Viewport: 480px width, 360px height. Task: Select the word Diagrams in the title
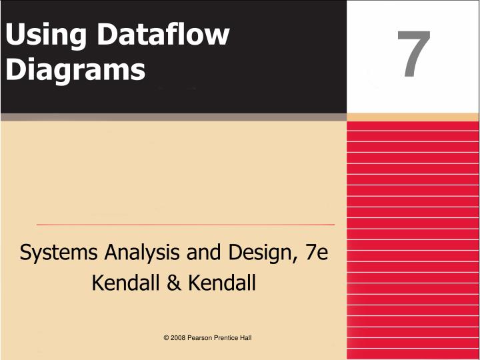(x=74, y=69)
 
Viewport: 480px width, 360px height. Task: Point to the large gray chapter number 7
(x=413, y=56)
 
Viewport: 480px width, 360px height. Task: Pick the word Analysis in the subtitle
(x=136, y=254)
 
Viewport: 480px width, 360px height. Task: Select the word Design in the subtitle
(x=253, y=254)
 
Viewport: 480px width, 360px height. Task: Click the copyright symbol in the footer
(x=166, y=338)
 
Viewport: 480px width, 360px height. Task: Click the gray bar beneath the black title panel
(x=173, y=117)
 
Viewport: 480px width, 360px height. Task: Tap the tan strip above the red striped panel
(x=413, y=117)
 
